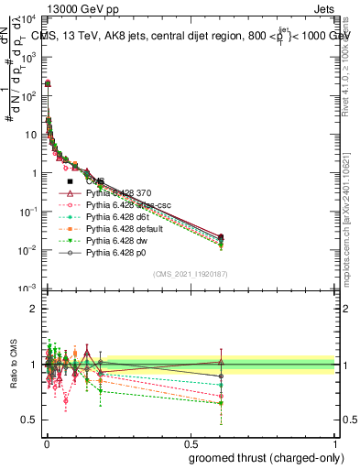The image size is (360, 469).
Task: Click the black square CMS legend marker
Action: (70, 181)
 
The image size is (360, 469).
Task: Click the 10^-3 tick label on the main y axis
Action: (27, 289)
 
